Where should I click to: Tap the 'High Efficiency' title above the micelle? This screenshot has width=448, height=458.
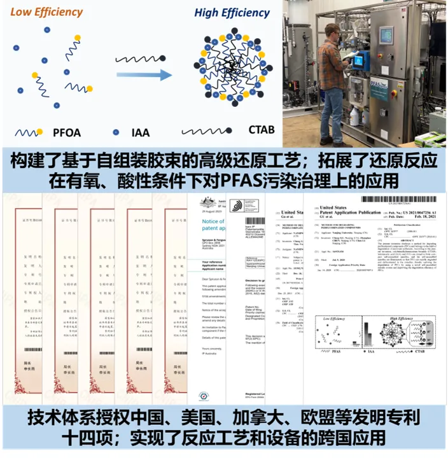pyautogui.click(x=232, y=12)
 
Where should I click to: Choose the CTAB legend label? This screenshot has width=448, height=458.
pyautogui.click(x=258, y=131)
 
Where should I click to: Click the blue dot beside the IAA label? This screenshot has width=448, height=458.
pyautogui.click(x=115, y=132)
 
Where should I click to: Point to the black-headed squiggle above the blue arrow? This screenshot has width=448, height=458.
pyautogui.click(x=137, y=57)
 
